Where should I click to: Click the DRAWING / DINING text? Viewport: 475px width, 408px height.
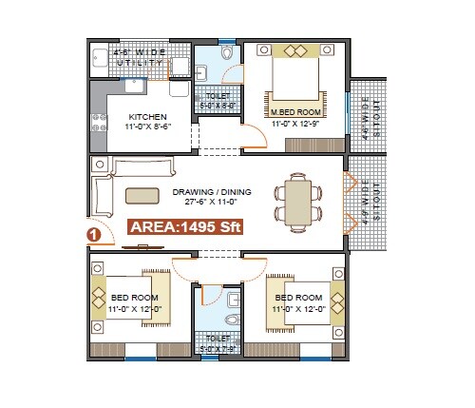coord(212,192)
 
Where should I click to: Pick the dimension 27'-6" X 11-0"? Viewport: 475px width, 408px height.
coord(212,204)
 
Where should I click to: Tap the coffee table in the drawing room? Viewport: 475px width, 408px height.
coord(142,195)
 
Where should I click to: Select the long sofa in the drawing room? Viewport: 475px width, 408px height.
coord(142,168)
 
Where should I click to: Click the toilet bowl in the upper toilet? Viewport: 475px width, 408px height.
coord(226,56)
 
